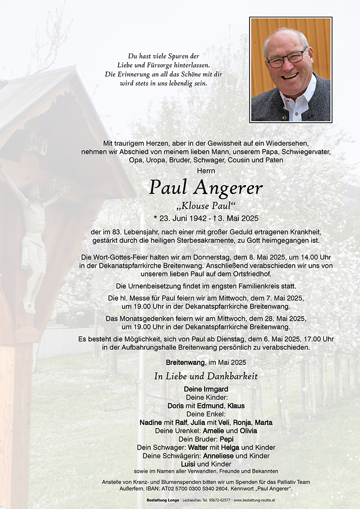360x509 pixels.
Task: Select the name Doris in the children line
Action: (x=176, y=406)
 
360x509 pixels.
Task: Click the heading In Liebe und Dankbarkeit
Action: (x=206, y=377)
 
